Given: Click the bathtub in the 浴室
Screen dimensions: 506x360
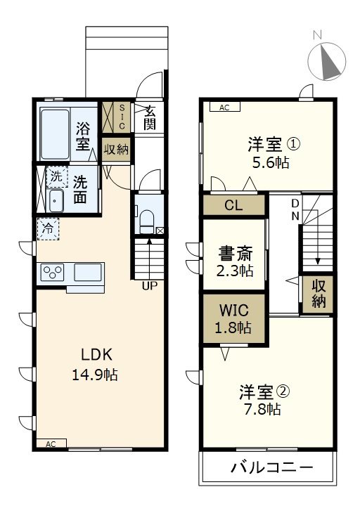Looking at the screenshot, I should click(54, 134).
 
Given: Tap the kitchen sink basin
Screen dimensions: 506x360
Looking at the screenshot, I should click(88, 272).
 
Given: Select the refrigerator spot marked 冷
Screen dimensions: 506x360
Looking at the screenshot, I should click(49, 228).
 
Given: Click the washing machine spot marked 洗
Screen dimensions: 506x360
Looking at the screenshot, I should click(55, 176).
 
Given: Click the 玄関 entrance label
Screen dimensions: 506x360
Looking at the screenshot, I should click(150, 117).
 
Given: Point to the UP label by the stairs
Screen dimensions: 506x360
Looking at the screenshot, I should click(148, 286).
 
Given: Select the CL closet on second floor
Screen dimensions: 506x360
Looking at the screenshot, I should click(234, 205).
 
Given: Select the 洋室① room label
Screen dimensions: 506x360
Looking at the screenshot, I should click(273, 145).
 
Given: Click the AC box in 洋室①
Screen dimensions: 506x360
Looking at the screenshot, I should click(224, 108).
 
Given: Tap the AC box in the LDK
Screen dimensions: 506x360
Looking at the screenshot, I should click(51, 444).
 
